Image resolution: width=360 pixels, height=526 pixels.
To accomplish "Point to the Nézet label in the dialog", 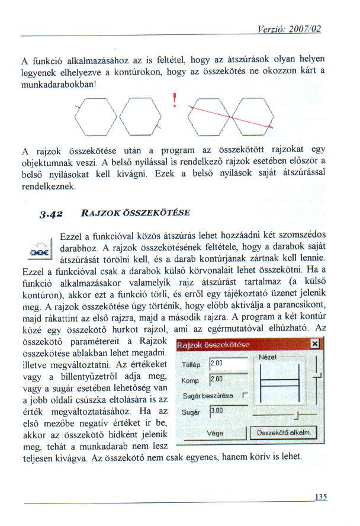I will (269, 357).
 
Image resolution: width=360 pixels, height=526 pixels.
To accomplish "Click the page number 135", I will (320, 498).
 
